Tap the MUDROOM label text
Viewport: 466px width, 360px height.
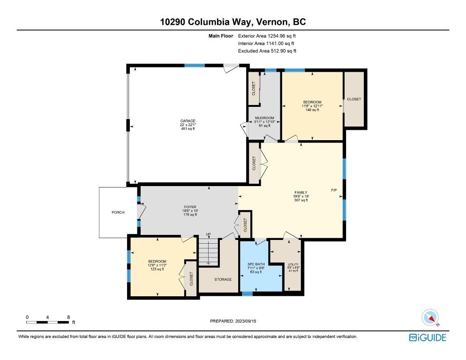coord(264,118)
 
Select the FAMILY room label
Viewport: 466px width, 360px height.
coord(301,192)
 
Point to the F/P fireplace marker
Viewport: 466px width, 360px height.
coord(334,190)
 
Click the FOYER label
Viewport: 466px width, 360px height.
coord(190,207)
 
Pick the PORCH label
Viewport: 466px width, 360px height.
coord(118,213)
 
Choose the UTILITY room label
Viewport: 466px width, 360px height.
coord(293,265)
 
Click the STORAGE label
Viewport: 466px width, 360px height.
coord(223,279)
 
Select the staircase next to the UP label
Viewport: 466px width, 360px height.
coord(208,252)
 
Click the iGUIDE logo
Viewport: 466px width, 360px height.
coord(428,337)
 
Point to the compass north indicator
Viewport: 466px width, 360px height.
coord(430,318)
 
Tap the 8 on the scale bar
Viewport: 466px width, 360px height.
coord(69,317)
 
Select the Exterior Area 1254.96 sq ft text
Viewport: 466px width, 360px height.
coord(267,36)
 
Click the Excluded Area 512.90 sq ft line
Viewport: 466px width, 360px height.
coord(267,51)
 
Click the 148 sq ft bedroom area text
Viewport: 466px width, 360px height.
coord(312,110)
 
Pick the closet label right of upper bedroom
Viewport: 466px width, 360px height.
coord(354,99)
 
